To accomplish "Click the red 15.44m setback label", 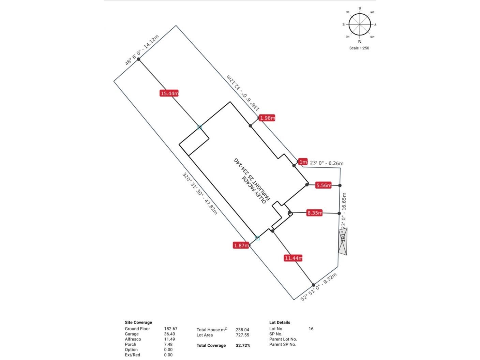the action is [169, 93].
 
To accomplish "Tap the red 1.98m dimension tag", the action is [267, 118].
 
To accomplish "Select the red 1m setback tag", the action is [303, 162].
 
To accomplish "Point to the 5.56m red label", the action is [323, 185].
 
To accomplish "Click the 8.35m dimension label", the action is [314, 213].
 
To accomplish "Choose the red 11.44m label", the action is [293, 258].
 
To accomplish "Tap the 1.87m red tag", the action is [241, 245].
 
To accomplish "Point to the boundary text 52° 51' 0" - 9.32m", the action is [319, 287].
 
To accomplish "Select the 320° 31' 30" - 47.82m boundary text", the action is [200, 194].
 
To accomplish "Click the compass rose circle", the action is [360, 25].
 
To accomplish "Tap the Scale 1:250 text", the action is [359, 48].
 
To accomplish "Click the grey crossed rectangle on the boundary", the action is [343, 242].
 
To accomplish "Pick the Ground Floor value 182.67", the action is [170, 329].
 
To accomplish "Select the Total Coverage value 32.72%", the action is [243, 345].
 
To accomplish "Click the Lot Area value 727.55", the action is [242, 335].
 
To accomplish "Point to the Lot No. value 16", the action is [311, 329].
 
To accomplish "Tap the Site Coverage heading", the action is [138, 322].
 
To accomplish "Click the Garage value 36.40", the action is [169, 334].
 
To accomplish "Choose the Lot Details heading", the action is [280, 322].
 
